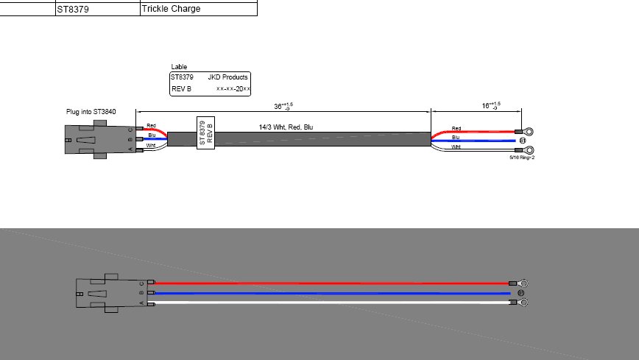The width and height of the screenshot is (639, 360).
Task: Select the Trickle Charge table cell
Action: pos(171,9)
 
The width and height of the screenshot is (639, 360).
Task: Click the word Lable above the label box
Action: pos(179,67)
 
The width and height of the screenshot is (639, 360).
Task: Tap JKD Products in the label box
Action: pos(228,77)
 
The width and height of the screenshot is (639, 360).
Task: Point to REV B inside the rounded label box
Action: pos(181,88)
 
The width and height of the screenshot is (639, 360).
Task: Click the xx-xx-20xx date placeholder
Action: pos(233,88)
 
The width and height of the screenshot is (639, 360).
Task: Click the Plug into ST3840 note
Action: pos(91,112)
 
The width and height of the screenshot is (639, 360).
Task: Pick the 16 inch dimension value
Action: pos(490,106)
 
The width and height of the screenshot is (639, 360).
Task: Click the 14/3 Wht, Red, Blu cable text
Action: pos(286,127)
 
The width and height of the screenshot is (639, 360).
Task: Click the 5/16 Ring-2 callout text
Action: pos(521,157)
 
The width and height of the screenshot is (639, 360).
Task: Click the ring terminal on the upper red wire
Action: pos(527,132)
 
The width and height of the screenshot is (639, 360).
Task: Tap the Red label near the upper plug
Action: pos(151,126)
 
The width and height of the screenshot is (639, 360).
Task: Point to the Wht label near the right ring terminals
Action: pos(456,147)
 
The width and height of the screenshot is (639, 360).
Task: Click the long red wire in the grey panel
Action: pos(331,283)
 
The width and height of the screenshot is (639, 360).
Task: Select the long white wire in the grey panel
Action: pos(331,302)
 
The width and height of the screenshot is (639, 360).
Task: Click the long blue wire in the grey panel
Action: pos(331,293)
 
